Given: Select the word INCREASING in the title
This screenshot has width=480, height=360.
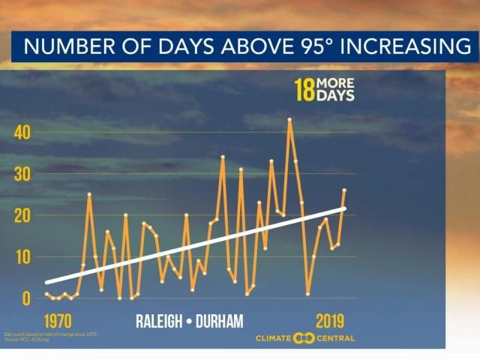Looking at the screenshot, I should [x=398, y=47].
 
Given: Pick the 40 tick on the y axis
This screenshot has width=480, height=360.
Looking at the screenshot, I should [x=23, y=133].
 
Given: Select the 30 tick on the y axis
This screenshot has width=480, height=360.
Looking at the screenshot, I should [x=23, y=174].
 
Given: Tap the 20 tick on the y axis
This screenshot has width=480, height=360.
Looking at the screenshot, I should [x=23, y=215].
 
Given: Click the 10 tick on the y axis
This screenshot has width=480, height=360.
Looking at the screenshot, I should [x=23, y=256].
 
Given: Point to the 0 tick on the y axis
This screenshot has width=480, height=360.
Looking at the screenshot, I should [x=26, y=298].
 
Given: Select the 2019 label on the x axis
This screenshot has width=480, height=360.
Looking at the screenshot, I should [x=329, y=321].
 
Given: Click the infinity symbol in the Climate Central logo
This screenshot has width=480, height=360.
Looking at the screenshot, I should [x=304, y=337].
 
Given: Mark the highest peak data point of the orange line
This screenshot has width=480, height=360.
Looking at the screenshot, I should [x=289, y=119].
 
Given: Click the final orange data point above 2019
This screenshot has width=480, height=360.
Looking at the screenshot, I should [x=344, y=190].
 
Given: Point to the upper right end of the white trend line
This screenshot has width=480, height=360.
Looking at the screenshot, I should [x=344, y=208].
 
